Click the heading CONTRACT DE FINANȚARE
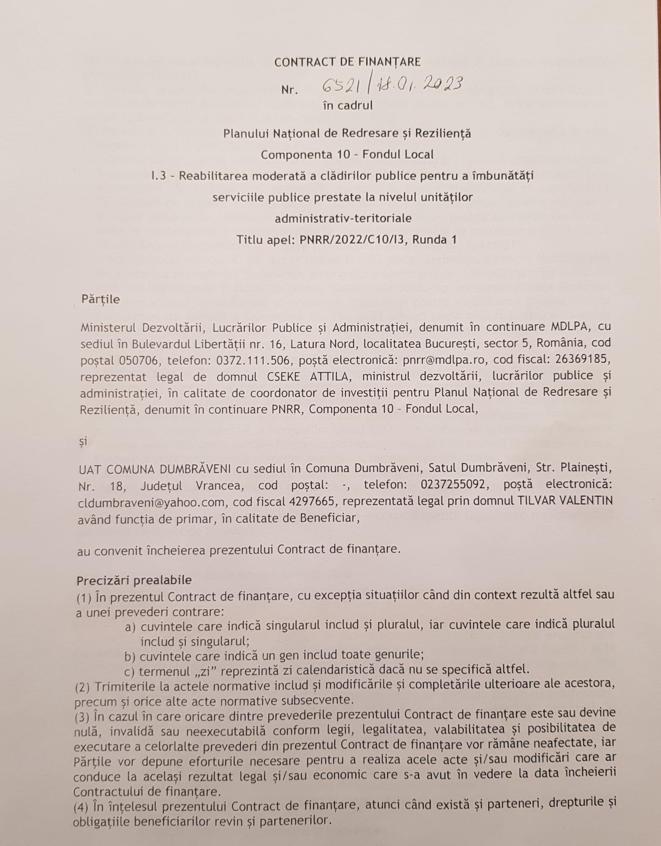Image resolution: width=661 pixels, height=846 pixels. [x=347, y=62]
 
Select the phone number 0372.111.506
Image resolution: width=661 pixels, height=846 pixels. [x=252, y=360]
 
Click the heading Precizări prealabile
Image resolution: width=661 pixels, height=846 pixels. [x=134, y=580]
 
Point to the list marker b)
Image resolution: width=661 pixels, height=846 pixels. [x=131, y=656]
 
